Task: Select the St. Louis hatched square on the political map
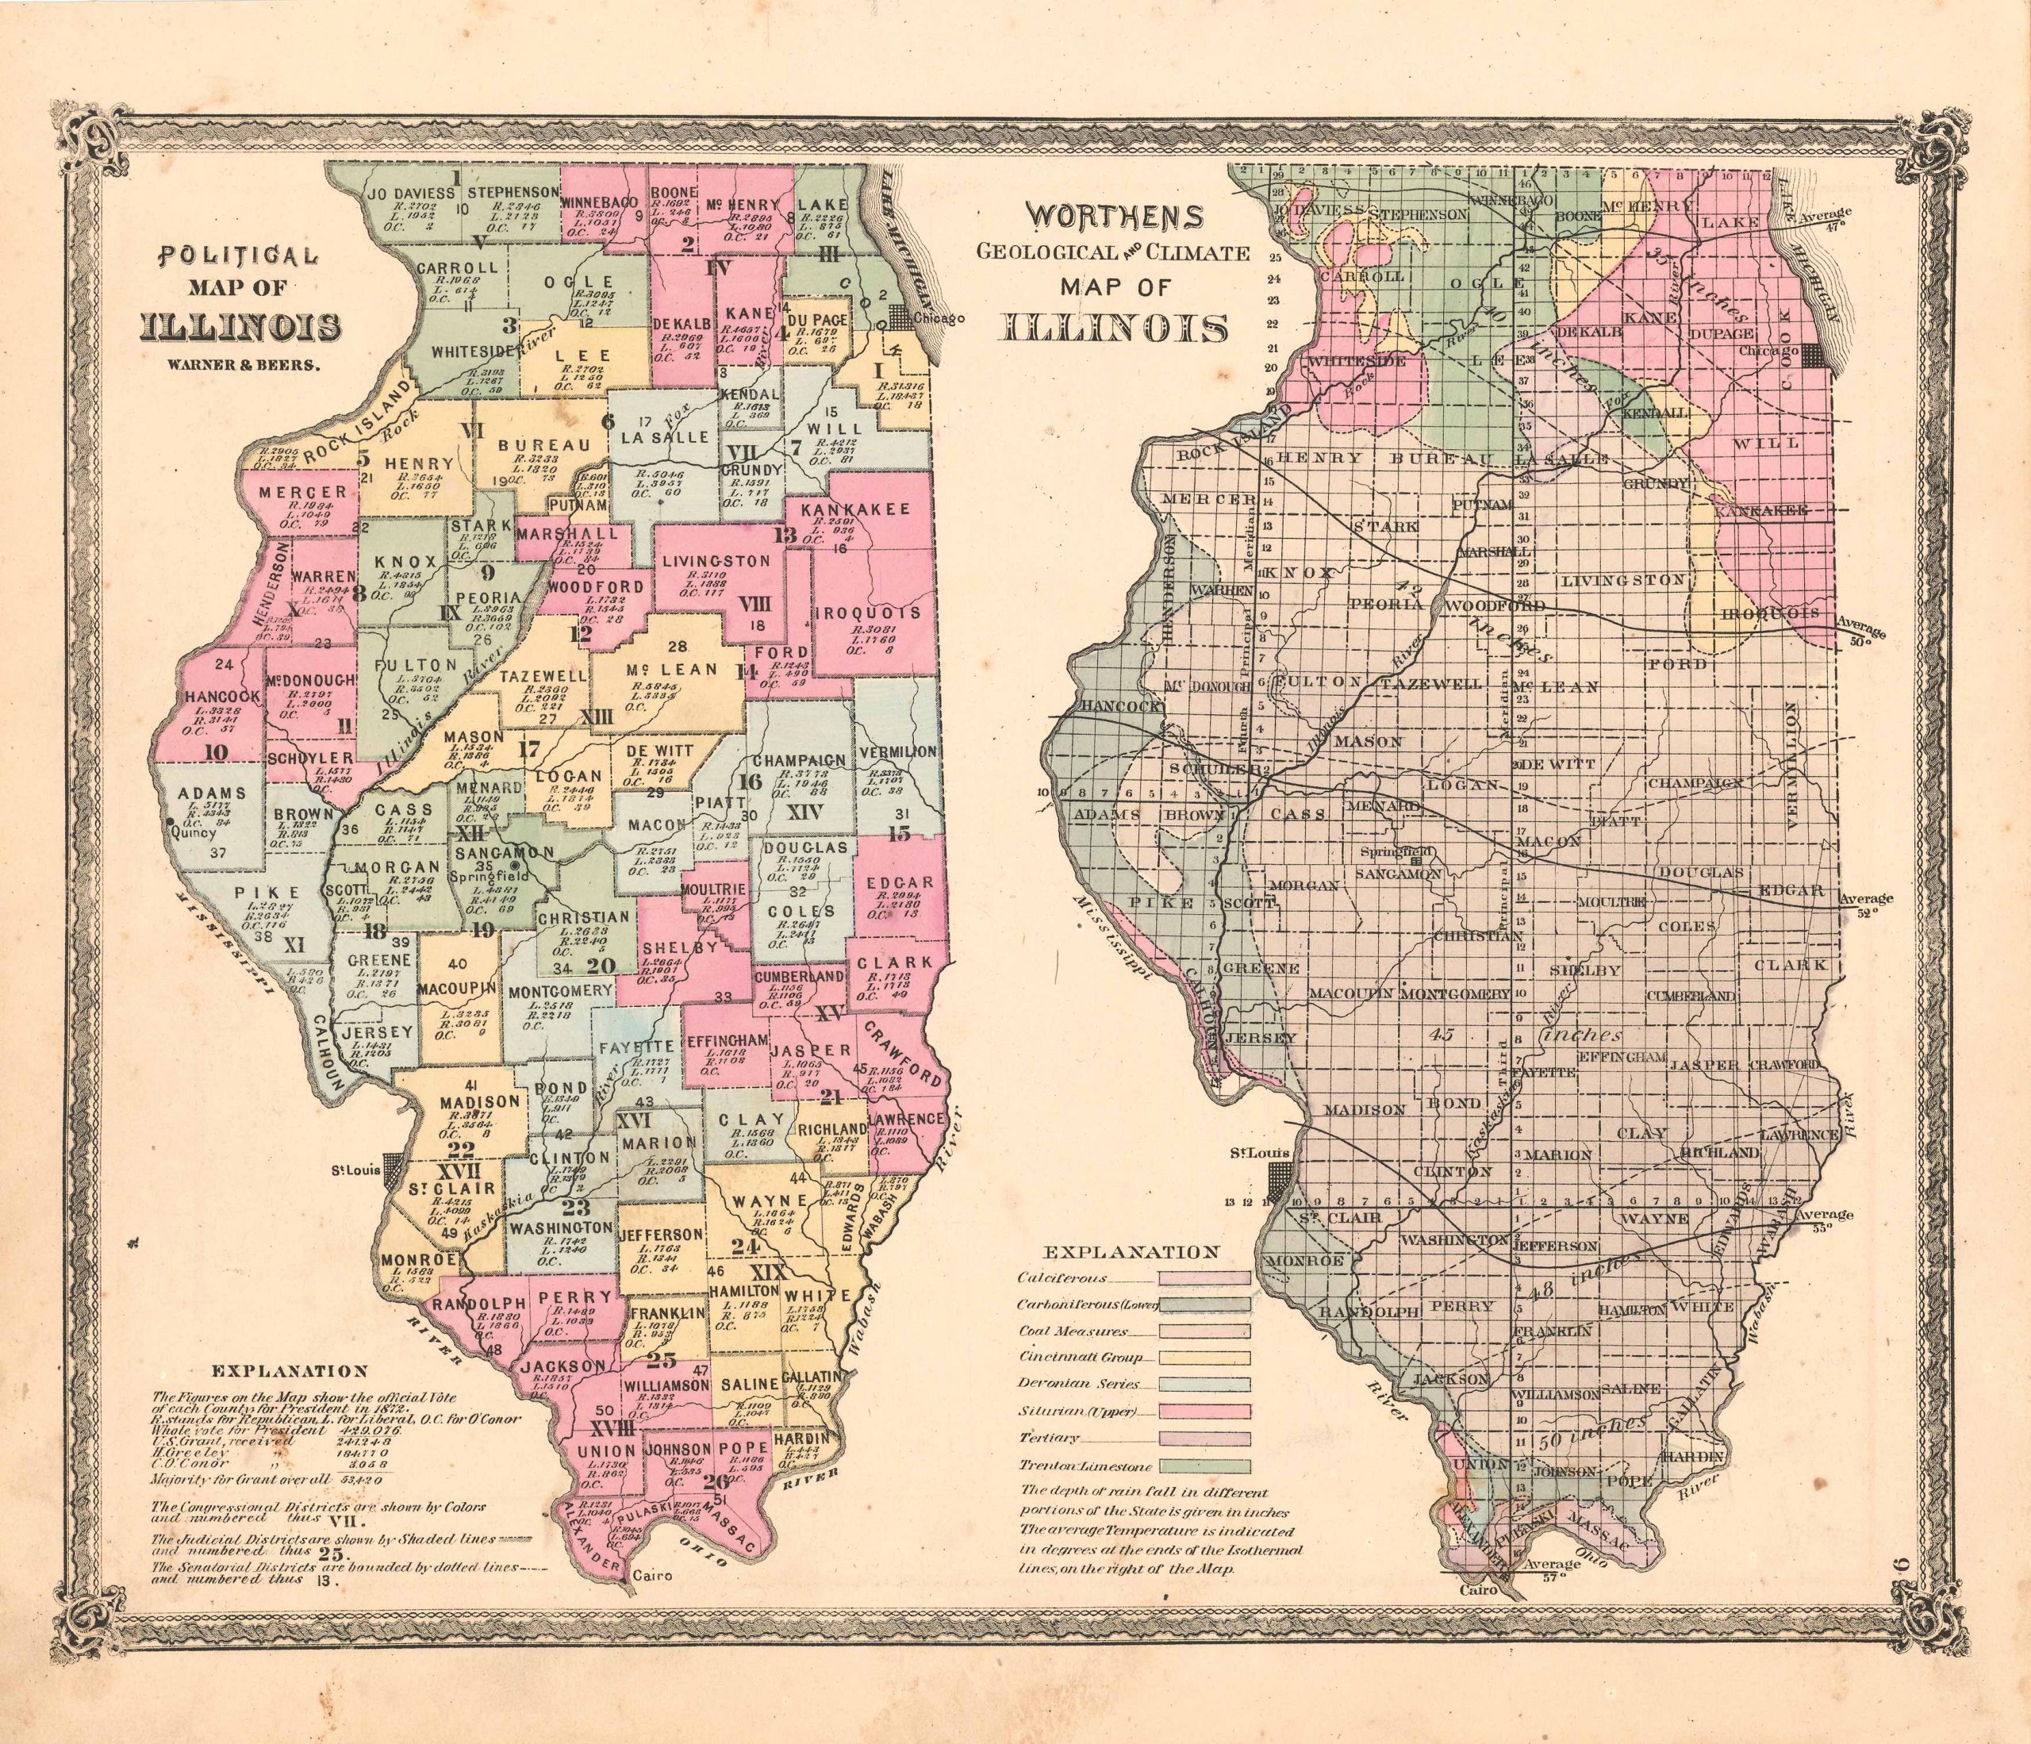(x=393, y=1166)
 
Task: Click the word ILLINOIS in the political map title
(x=242, y=325)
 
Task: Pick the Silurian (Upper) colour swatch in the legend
(x=1204, y=1412)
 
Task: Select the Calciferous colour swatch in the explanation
(x=1204, y=1279)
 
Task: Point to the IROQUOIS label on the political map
(x=867, y=613)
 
